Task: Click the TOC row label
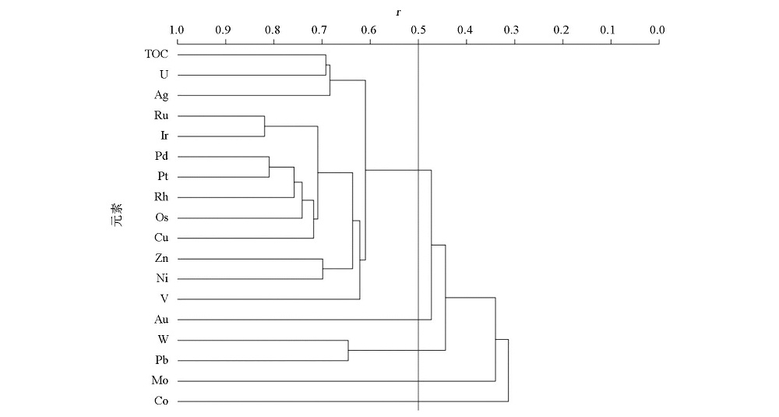click(157, 54)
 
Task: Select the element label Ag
click(161, 95)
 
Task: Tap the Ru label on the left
click(161, 115)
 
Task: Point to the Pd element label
click(161, 156)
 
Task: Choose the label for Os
click(161, 217)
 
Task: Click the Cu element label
click(161, 238)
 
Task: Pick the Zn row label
click(161, 258)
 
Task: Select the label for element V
click(164, 299)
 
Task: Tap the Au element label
click(161, 319)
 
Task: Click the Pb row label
click(161, 360)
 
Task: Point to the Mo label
click(160, 380)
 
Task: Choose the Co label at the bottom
click(161, 401)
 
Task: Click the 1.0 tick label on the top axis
click(177, 30)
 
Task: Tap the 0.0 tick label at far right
click(657, 30)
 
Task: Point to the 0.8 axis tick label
click(272, 30)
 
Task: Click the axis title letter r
click(398, 12)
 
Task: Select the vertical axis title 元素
click(118, 214)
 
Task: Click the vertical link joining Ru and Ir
click(264, 126)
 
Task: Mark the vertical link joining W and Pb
click(348, 351)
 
